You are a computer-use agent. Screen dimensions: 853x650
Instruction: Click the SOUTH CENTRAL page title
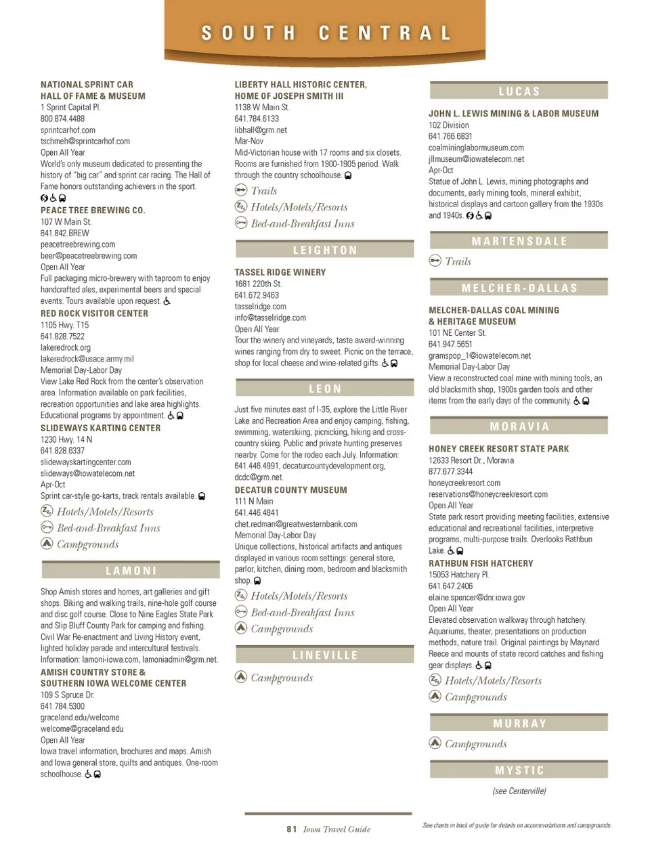point(326,33)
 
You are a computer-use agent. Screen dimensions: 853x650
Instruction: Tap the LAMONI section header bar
point(131,571)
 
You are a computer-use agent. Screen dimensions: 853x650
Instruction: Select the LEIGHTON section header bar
point(324,250)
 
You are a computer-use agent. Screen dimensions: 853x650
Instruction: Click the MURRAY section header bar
point(519,723)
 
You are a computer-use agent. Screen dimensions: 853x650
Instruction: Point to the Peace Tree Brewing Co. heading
point(93,211)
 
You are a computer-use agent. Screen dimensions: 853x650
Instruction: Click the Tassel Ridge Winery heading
point(280,272)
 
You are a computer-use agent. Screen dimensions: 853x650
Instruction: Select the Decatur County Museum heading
point(290,490)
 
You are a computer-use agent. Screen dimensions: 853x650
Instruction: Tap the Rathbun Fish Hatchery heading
point(481,563)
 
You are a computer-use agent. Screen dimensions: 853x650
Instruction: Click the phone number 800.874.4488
point(62,118)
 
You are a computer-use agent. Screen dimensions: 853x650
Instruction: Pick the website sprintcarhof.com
point(68,130)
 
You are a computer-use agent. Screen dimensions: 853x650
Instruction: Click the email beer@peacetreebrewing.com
point(89,256)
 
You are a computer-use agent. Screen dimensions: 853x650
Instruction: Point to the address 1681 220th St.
point(258,284)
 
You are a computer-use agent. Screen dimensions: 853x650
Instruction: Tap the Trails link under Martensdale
point(458,261)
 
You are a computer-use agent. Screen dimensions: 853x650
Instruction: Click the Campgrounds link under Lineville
point(282,678)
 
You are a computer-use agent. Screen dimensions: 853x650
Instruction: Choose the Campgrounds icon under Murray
point(435,743)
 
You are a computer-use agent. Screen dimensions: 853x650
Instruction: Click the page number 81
point(291,829)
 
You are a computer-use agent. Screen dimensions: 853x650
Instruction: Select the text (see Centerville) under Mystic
point(519,791)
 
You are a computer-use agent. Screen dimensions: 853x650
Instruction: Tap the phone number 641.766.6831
point(450,136)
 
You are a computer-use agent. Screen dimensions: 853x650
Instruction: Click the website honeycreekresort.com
point(464,483)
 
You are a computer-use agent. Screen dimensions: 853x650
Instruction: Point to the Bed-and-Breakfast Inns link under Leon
point(303,613)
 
